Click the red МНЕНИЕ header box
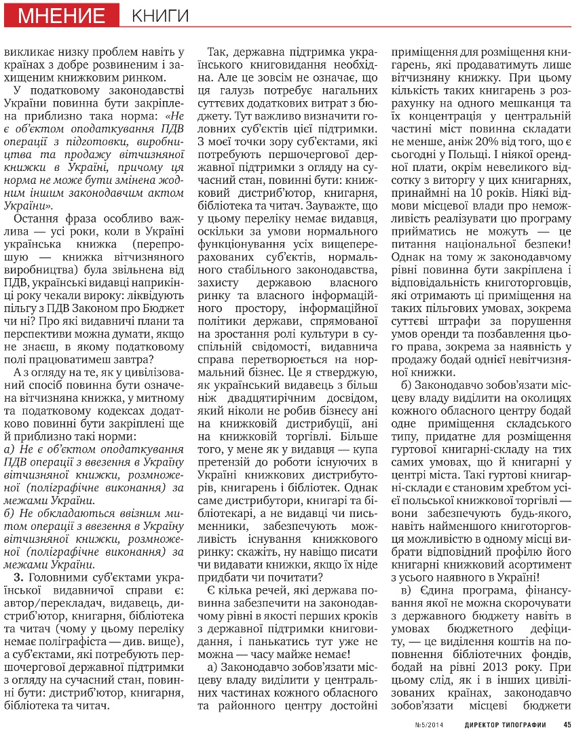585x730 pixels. click(62, 16)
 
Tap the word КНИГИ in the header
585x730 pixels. click(160, 16)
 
